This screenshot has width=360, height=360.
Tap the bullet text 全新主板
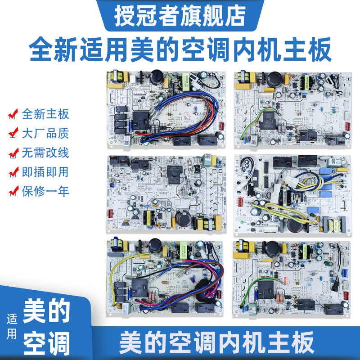(45, 114)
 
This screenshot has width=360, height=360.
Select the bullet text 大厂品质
(45, 133)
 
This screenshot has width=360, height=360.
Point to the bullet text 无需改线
(45, 153)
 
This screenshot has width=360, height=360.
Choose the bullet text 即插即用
(45, 172)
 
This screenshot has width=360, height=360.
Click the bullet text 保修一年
(45, 191)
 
